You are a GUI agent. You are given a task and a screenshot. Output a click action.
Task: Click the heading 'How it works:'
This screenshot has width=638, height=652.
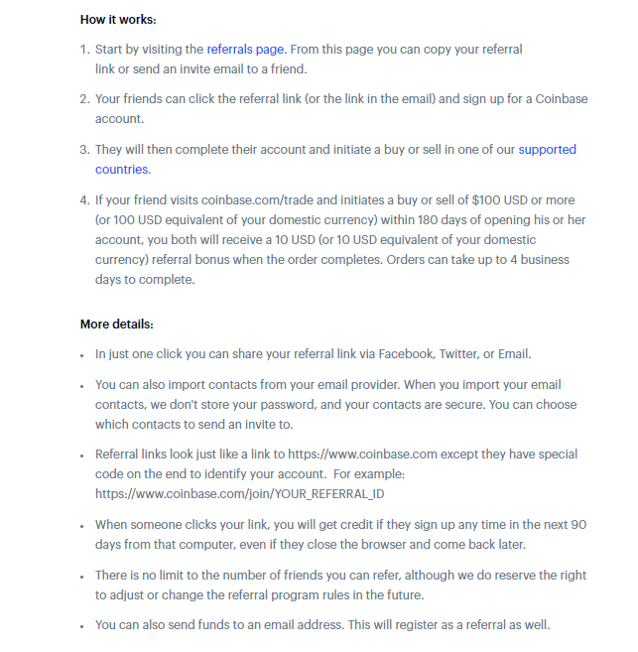coord(118,20)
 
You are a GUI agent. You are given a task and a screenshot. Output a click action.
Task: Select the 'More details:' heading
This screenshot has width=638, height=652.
coord(116,325)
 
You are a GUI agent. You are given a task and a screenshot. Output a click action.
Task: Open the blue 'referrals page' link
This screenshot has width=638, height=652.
coord(246,49)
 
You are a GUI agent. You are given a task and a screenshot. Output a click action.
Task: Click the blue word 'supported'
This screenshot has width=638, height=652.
coord(547,150)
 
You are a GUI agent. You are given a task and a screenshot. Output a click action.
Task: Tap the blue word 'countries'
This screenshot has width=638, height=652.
coord(121,169)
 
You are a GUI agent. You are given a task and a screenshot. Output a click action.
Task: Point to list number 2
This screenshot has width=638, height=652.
coord(84,99)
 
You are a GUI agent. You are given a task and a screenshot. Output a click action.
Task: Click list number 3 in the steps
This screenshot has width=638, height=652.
coord(84,150)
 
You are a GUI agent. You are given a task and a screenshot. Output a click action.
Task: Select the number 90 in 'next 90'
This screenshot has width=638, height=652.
coord(579,524)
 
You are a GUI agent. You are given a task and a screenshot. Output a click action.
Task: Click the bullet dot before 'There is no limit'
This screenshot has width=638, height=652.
coord(83,576)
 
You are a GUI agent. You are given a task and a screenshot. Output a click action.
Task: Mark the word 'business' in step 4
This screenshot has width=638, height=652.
coord(545,260)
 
